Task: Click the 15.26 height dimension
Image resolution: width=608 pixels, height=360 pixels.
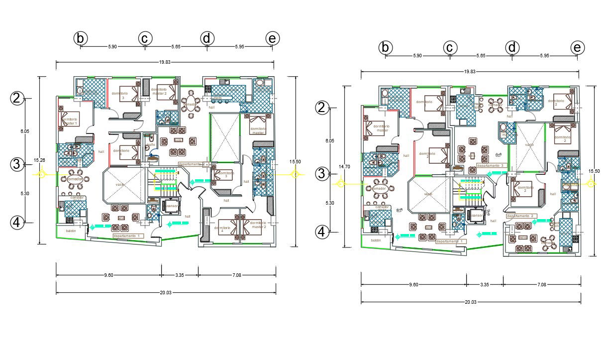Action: [39, 160]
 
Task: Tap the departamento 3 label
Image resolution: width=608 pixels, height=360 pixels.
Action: [492, 165]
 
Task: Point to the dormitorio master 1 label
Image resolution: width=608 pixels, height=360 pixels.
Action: [70, 121]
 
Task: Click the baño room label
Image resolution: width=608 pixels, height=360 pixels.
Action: [150, 144]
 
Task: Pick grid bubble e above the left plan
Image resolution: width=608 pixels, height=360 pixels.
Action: [272, 38]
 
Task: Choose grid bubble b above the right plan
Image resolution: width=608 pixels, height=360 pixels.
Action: [386, 48]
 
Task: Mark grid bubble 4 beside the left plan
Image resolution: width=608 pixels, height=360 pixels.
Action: [17, 223]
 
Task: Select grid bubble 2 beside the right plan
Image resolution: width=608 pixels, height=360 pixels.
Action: [322, 108]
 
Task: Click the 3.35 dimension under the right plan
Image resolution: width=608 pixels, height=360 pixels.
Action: [484, 285]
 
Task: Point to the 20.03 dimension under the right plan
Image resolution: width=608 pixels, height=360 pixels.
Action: [470, 302]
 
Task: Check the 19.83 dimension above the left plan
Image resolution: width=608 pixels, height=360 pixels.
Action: [165, 62]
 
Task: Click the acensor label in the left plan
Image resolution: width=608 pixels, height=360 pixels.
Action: [172, 206]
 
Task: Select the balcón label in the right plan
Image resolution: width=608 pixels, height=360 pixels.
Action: [376, 240]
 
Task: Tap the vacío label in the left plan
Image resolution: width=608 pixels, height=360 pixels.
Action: [120, 185]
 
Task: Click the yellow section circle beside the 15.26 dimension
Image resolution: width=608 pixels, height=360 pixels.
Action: [42, 174]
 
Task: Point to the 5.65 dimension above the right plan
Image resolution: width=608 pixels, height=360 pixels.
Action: [481, 56]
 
